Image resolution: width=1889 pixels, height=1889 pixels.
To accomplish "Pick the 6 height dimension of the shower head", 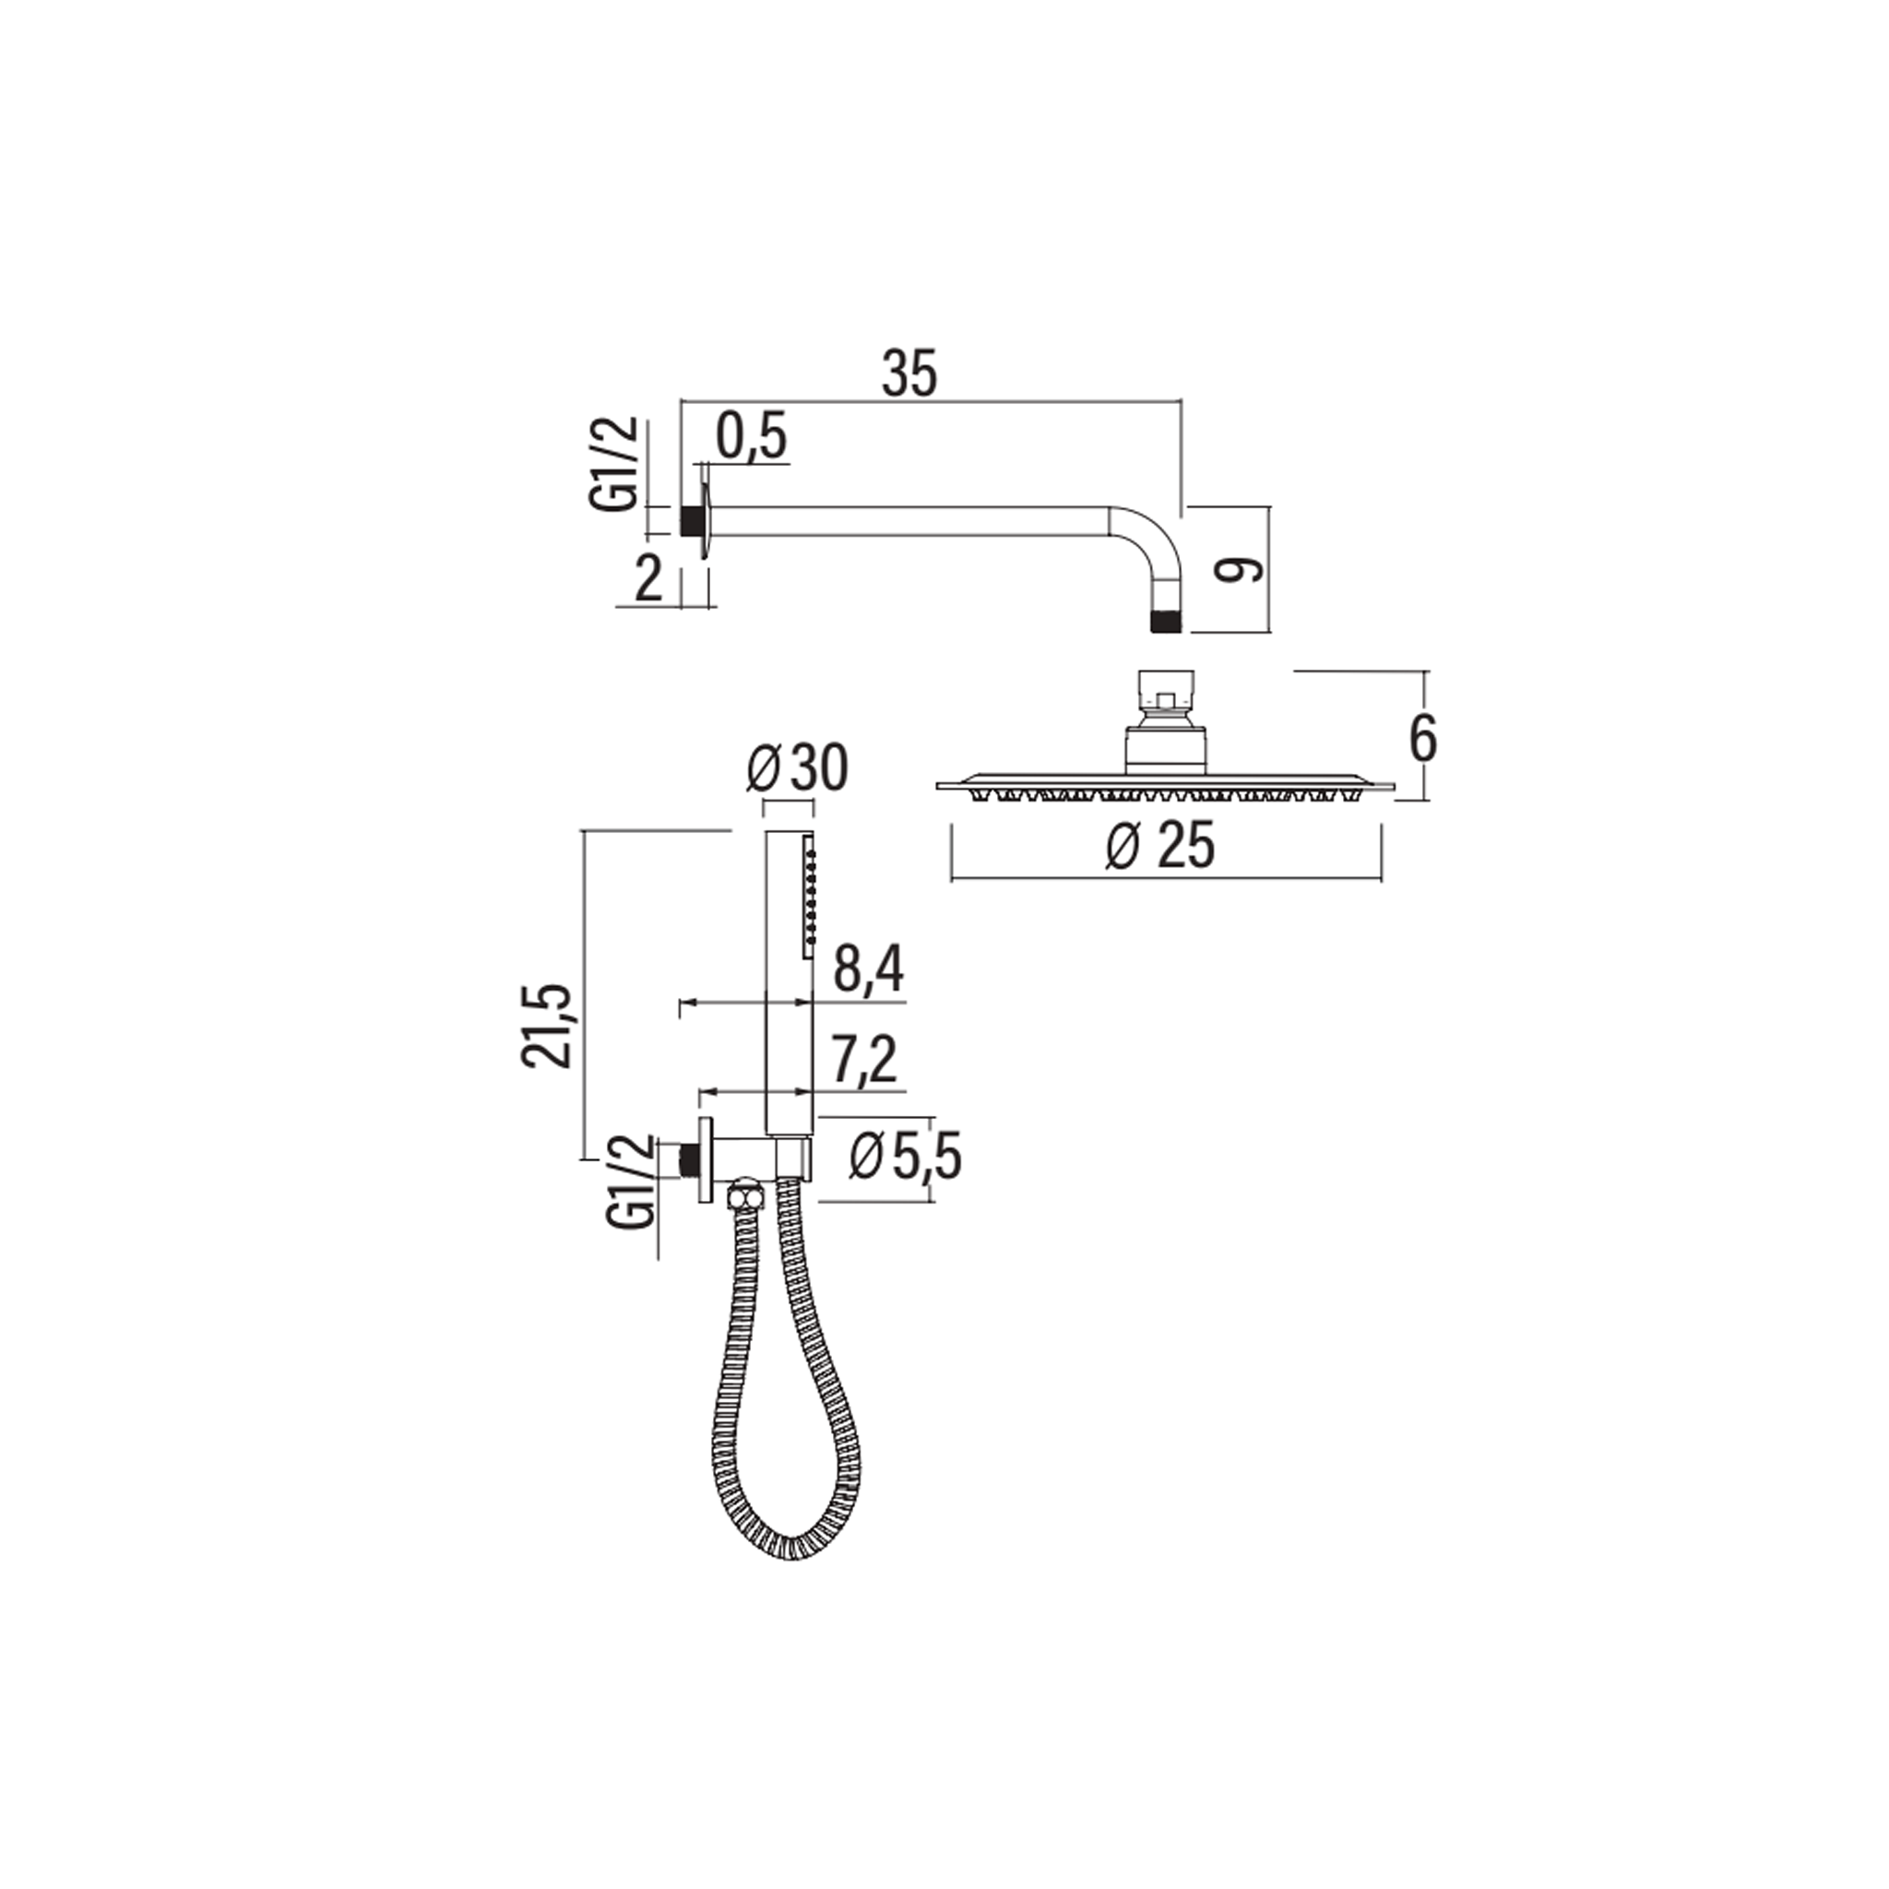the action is [1422, 739].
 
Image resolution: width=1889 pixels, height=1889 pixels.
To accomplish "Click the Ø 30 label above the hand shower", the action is [797, 768].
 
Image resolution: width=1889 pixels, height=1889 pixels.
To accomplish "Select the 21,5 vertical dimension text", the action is [547, 1026].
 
